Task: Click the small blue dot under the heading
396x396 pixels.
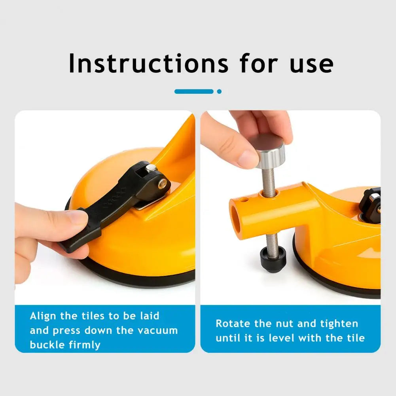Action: (x=219, y=91)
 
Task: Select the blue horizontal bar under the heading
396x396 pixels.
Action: (x=194, y=91)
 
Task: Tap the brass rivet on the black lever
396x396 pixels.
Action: (x=163, y=183)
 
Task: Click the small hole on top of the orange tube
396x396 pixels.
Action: (x=244, y=200)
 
